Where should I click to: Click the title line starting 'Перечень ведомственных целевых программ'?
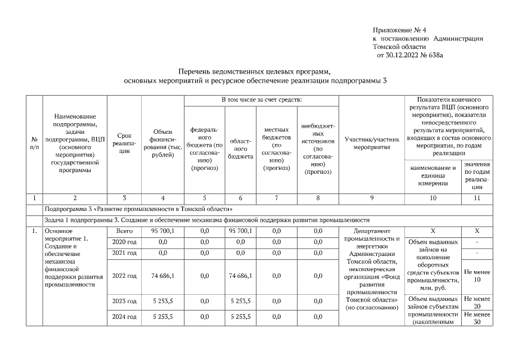255,73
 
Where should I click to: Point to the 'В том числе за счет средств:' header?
262,100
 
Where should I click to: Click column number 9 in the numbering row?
371,197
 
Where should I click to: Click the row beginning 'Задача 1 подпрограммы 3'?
207,219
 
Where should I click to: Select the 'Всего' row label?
124,231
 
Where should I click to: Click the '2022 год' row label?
124,276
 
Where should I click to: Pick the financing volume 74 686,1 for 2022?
163,276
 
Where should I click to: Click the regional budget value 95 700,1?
241,231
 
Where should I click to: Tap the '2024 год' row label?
124,317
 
